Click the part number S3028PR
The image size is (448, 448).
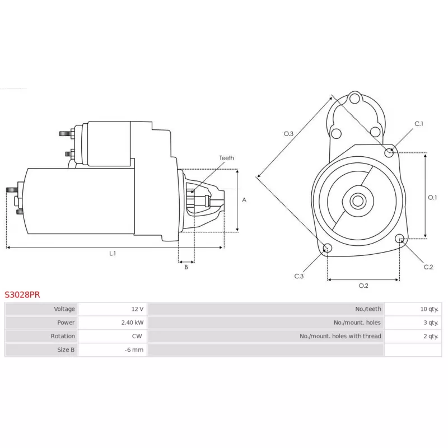coord(22,293)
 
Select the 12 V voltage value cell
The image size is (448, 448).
coord(137,309)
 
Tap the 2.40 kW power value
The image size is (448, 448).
coord(132,323)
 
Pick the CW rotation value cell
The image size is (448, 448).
coord(137,336)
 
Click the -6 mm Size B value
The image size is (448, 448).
coord(134,350)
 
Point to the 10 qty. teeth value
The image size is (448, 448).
coord(430,309)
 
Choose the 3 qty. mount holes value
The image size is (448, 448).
coord(431,323)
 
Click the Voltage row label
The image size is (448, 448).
coord(64,309)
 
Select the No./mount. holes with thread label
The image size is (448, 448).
coord(340,336)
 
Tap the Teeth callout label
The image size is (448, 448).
coord(226,158)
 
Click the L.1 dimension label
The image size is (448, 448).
coord(112,254)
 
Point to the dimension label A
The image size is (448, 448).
coord(244,199)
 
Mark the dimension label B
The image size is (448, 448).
coord(186,267)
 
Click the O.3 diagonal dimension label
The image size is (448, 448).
coord(288,134)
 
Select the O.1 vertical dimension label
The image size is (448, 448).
coord(432,197)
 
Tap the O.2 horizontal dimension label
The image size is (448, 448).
coord(363,286)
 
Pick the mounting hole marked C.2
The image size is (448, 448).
coord(400,240)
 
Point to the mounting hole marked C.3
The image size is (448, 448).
coord(328,249)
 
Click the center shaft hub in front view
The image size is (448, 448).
coord(357,200)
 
